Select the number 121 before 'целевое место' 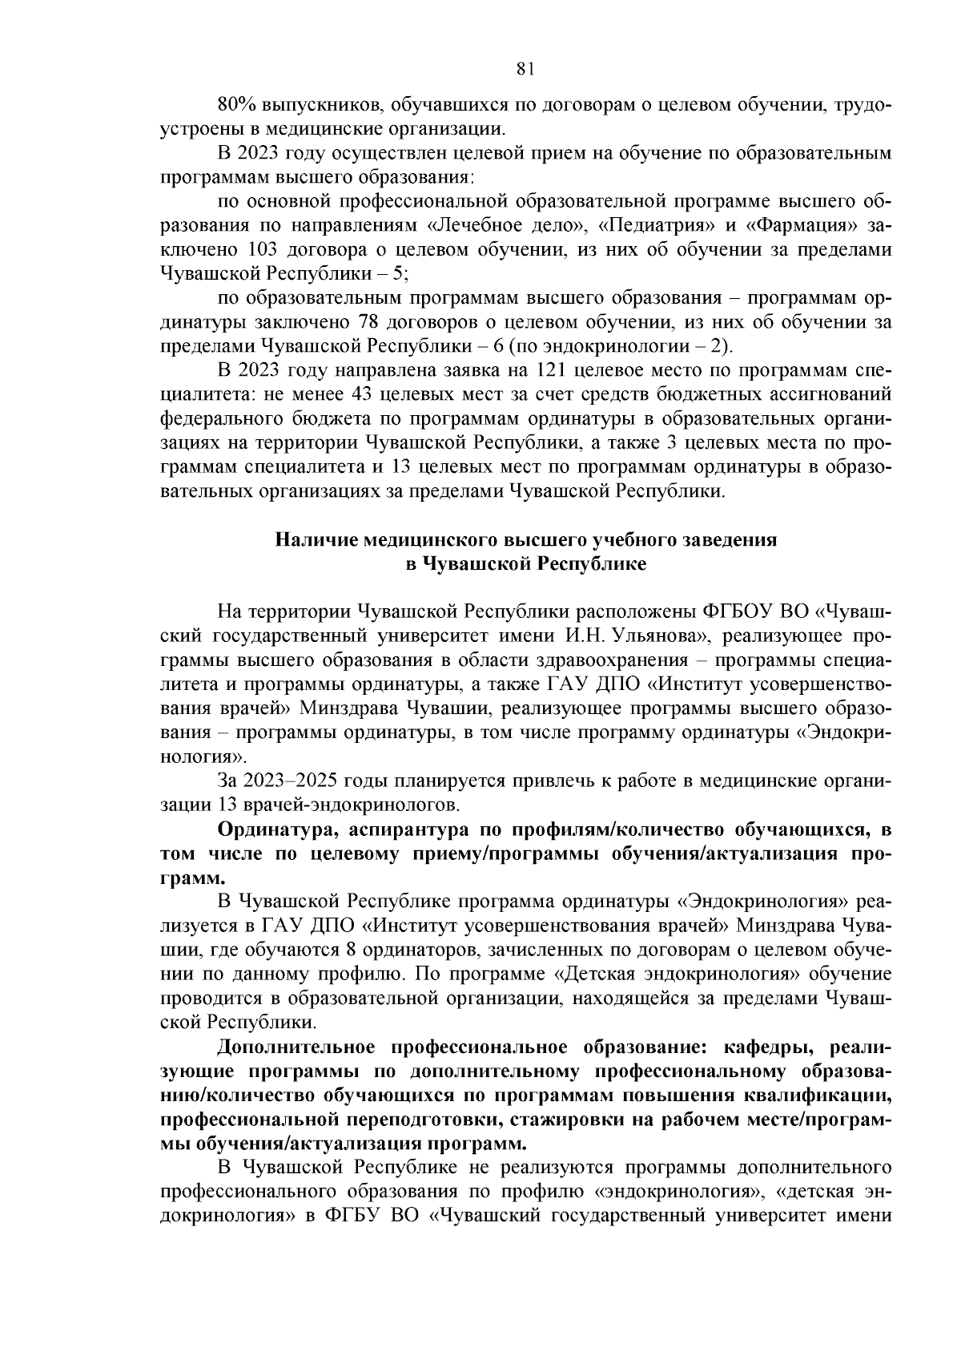550,371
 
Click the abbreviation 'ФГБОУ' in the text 734,612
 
